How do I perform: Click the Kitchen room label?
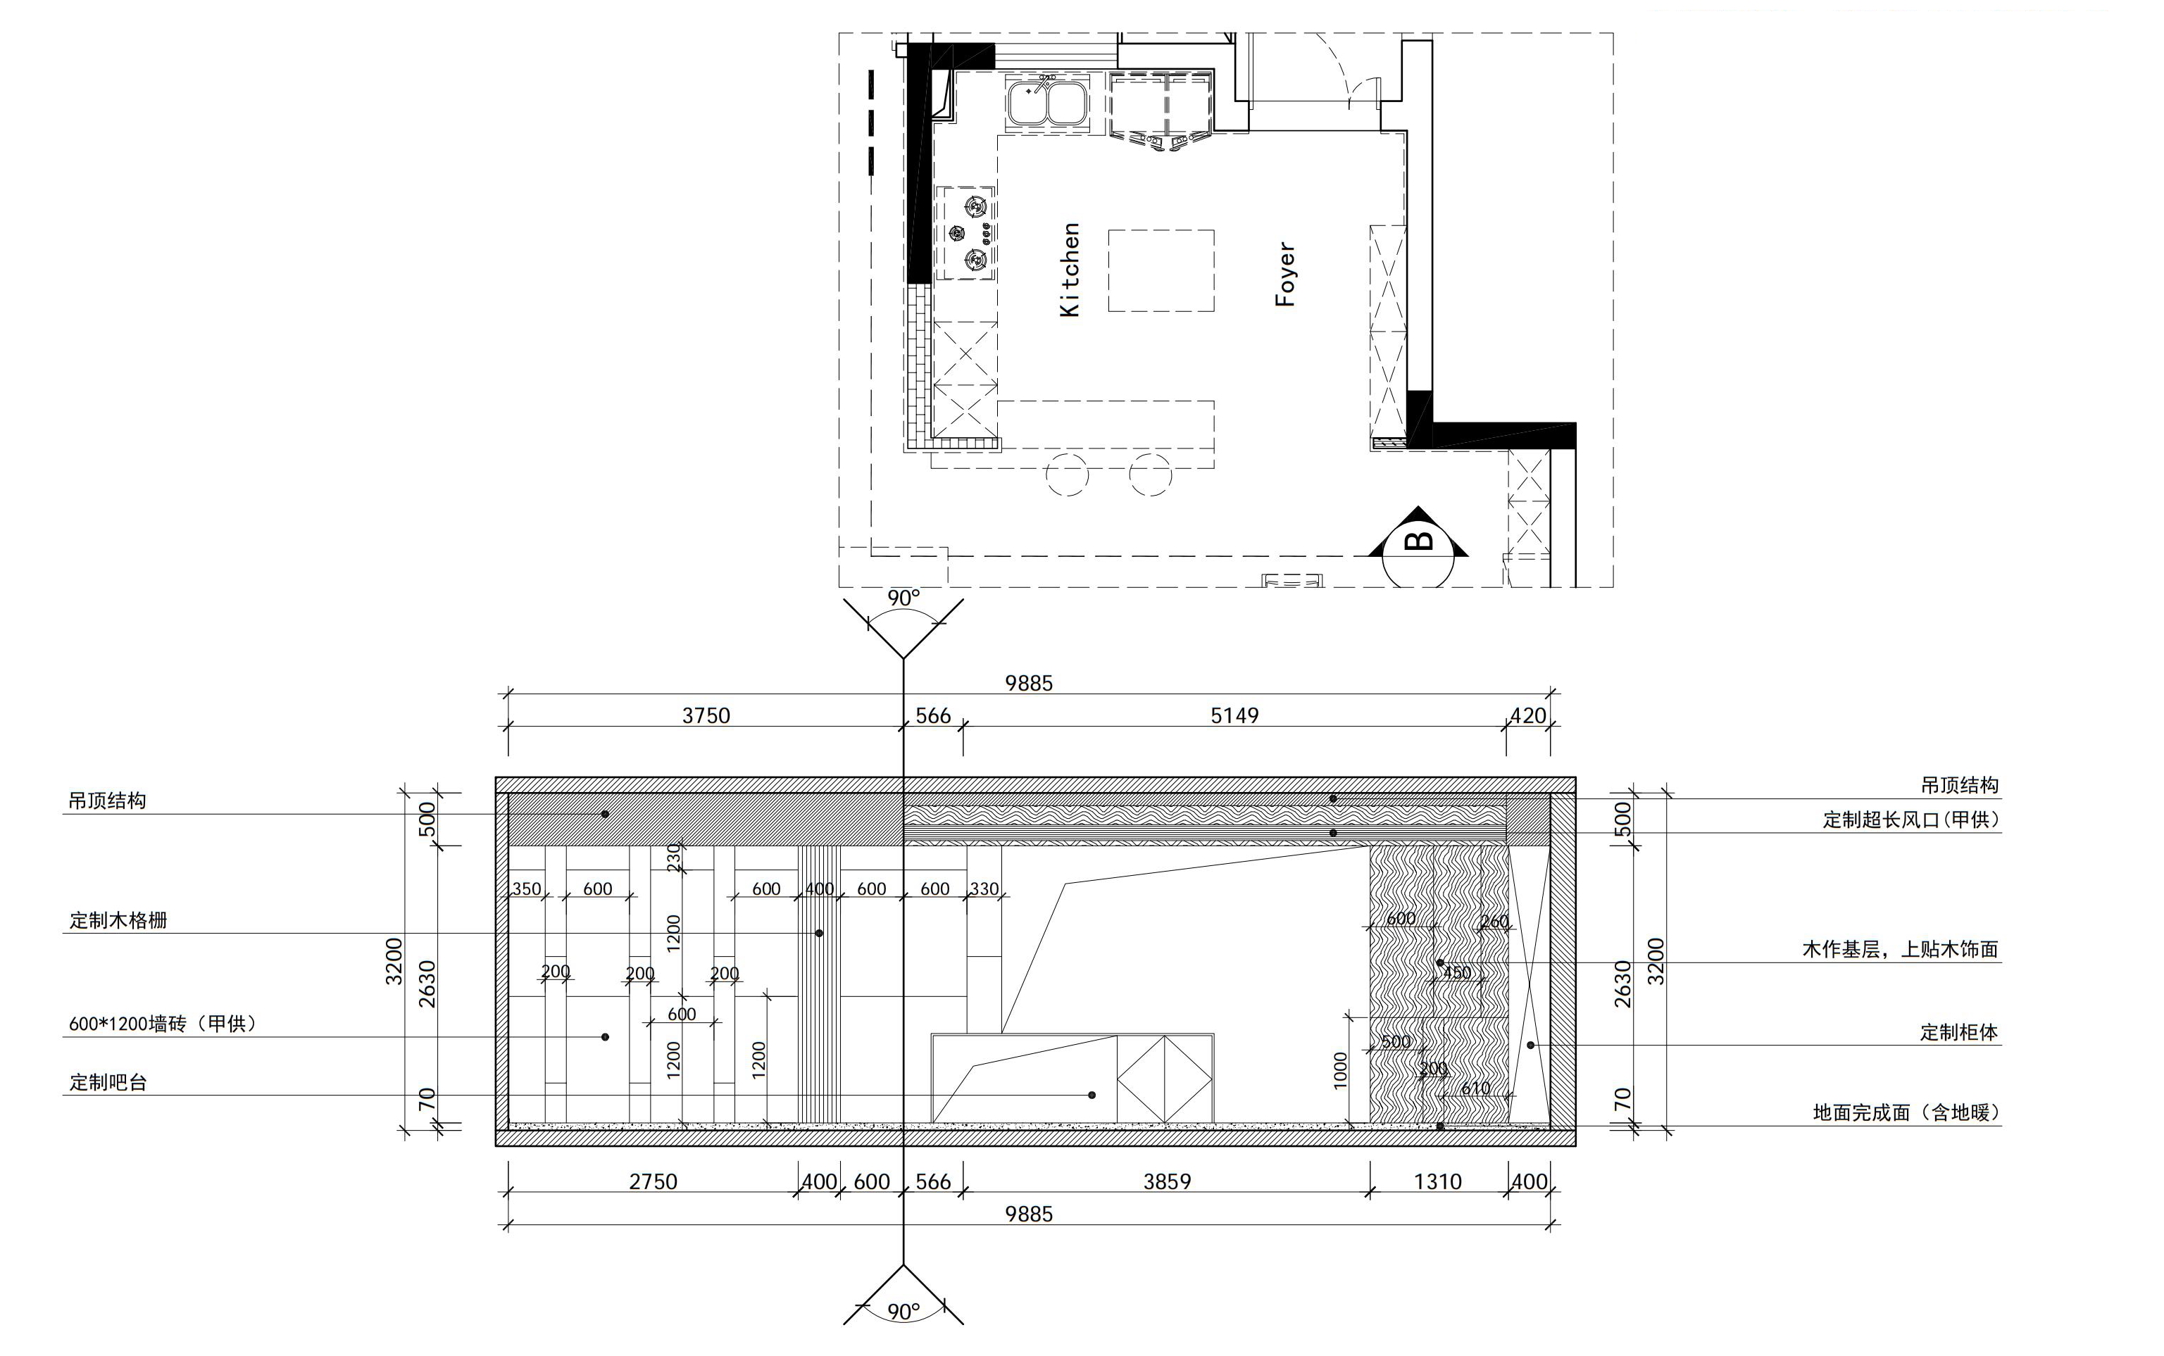click(x=1070, y=270)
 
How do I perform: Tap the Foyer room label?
click(x=1285, y=275)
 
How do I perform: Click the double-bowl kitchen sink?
click(x=1047, y=101)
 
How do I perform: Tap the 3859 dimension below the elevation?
click(x=1167, y=1181)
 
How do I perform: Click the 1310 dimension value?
click(x=1437, y=1181)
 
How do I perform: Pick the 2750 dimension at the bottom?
click(x=653, y=1181)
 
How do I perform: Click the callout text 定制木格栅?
click(x=118, y=920)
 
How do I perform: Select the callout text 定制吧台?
click(x=108, y=1082)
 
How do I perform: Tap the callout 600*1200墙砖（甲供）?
click(x=163, y=1023)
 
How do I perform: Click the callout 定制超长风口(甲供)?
click(x=1911, y=820)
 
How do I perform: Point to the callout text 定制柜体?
click(x=1958, y=1032)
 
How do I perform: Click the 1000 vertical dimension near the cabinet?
click(x=1341, y=1071)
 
